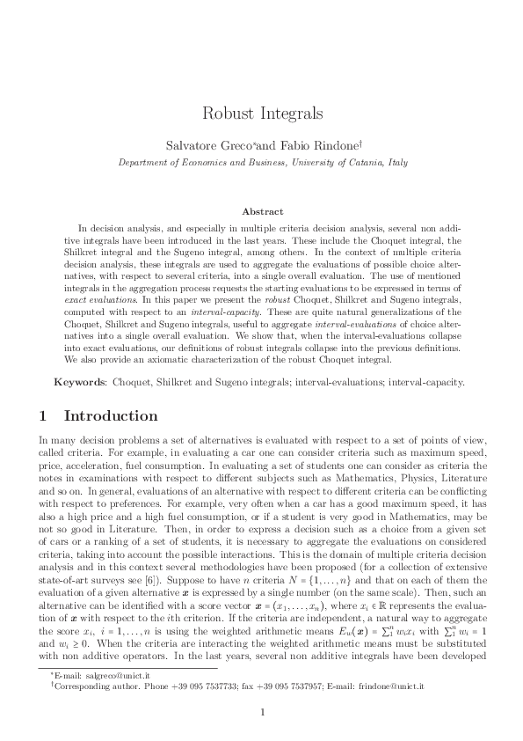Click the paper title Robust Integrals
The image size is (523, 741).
[261, 114]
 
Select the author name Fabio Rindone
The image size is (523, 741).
[315, 143]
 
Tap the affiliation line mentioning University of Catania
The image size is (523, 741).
[261, 163]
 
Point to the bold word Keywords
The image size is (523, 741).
[79, 383]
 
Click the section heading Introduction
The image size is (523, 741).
[111, 415]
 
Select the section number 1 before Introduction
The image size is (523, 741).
[46, 415]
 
